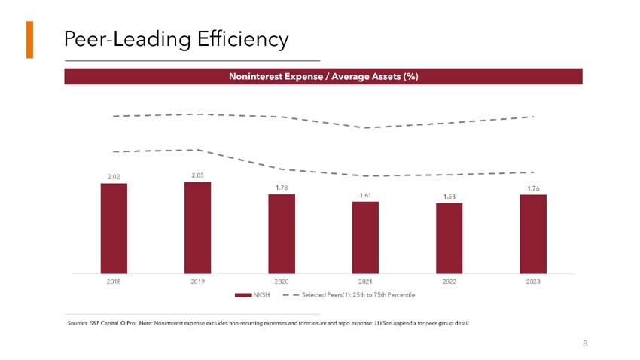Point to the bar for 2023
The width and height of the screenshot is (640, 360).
[x=533, y=233]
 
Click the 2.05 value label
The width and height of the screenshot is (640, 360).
[x=197, y=175]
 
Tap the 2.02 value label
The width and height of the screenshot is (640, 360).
[x=114, y=178]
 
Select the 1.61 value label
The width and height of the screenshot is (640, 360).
[x=365, y=196]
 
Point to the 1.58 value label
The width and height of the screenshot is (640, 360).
[x=449, y=197]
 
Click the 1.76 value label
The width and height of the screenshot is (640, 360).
[x=533, y=188]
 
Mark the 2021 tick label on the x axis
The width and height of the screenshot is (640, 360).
[x=365, y=281]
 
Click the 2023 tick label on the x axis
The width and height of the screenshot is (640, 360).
[x=533, y=281]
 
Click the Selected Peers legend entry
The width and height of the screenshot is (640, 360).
[x=358, y=294]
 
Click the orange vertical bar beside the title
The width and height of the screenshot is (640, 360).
[x=29, y=39]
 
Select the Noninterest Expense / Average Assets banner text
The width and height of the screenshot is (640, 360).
[x=323, y=76]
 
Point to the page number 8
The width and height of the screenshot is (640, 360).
[x=584, y=343]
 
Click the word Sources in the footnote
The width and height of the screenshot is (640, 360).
[x=78, y=323]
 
